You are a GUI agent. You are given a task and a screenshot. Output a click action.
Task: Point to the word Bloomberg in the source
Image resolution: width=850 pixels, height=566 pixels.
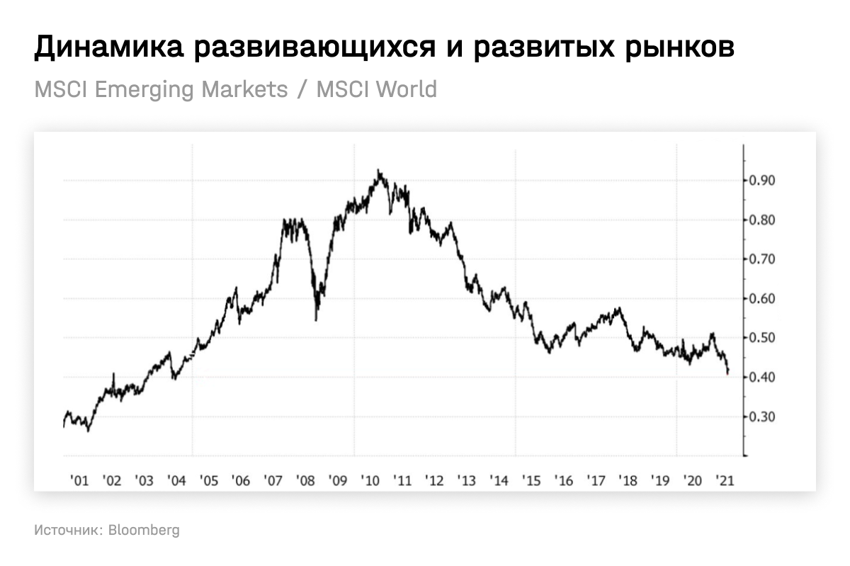tap(144, 530)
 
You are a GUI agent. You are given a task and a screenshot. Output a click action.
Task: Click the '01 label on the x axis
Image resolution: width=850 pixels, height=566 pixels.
tap(79, 480)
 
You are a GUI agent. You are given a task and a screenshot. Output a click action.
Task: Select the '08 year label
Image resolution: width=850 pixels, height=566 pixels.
tap(305, 480)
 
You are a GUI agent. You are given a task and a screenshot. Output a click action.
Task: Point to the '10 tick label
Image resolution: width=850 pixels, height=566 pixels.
tap(370, 480)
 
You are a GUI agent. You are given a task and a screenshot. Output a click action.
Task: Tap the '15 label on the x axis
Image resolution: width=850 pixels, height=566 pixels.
tap(531, 480)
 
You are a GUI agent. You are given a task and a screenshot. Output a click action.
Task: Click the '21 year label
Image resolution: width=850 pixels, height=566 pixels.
tap(724, 480)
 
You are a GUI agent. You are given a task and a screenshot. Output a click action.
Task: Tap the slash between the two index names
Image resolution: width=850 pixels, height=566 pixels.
tap(302, 90)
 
